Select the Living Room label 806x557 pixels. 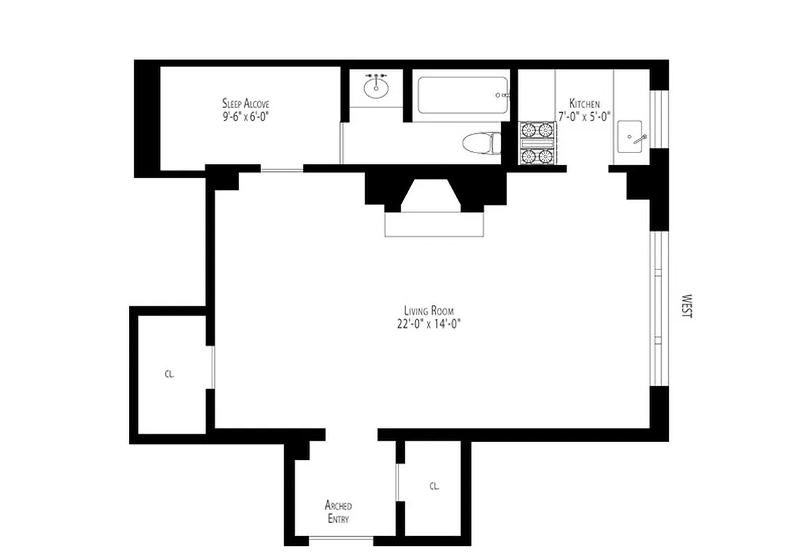point(432,311)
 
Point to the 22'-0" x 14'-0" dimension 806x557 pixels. point(432,323)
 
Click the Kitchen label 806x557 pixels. point(584,104)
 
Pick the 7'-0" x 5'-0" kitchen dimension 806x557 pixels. point(584,116)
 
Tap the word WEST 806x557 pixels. point(687,305)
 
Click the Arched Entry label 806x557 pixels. point(338,512)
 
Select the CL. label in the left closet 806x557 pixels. point(169,374)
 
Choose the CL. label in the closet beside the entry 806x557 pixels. point(434,486)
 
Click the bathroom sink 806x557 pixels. point(376,86)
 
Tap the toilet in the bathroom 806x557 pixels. point(482,143)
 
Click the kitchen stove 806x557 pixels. point(536,143)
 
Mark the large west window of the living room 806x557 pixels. point(656,308)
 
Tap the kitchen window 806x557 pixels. point(655,119)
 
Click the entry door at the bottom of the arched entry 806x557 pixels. point(341,539)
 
